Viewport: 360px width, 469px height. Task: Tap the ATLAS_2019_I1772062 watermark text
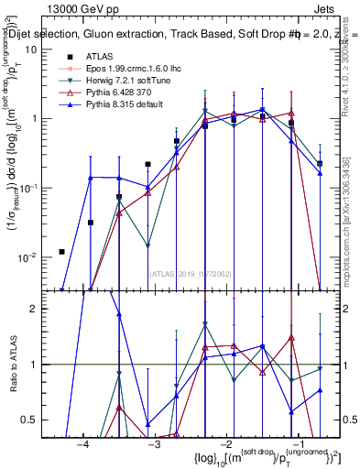(191, 272)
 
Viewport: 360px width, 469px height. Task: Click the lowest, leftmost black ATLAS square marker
(61, 252)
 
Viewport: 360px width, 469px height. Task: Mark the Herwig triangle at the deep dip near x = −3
(147, 245)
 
